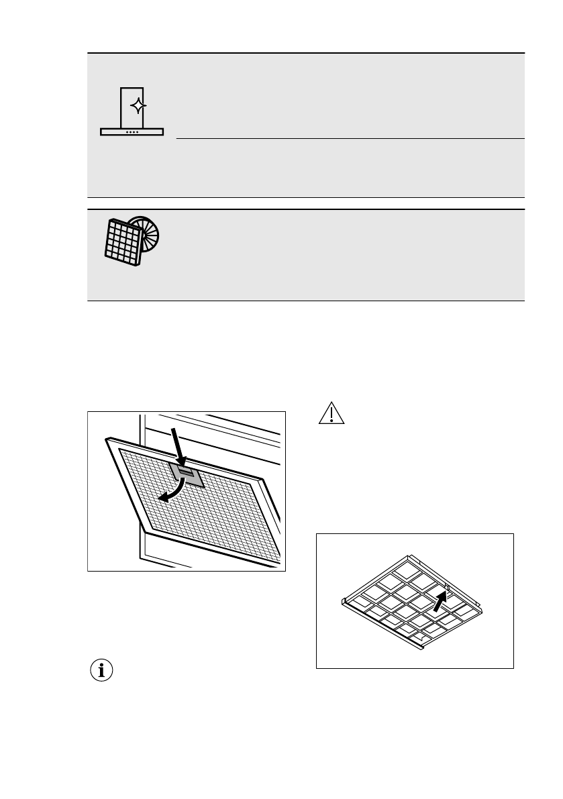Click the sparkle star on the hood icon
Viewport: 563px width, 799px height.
pyautogui.click(x=137, y=106)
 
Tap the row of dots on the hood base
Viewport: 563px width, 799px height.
pyautogui.click(x=132, y=132)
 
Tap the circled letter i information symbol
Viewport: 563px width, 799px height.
pyautogui.click(x=101, y=670)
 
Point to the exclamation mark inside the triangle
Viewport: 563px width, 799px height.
pyautogui.click(x=330, y=415)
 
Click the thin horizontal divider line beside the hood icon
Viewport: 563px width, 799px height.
pyautogui.click(x=349, y=140)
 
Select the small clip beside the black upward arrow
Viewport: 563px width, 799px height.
pyautogui.click(x=447, y=589)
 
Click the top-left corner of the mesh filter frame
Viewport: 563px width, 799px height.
pyautogui.click(x=107, y=440)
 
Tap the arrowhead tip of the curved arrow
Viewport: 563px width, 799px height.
pyautogui.click(x=160, y=499)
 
